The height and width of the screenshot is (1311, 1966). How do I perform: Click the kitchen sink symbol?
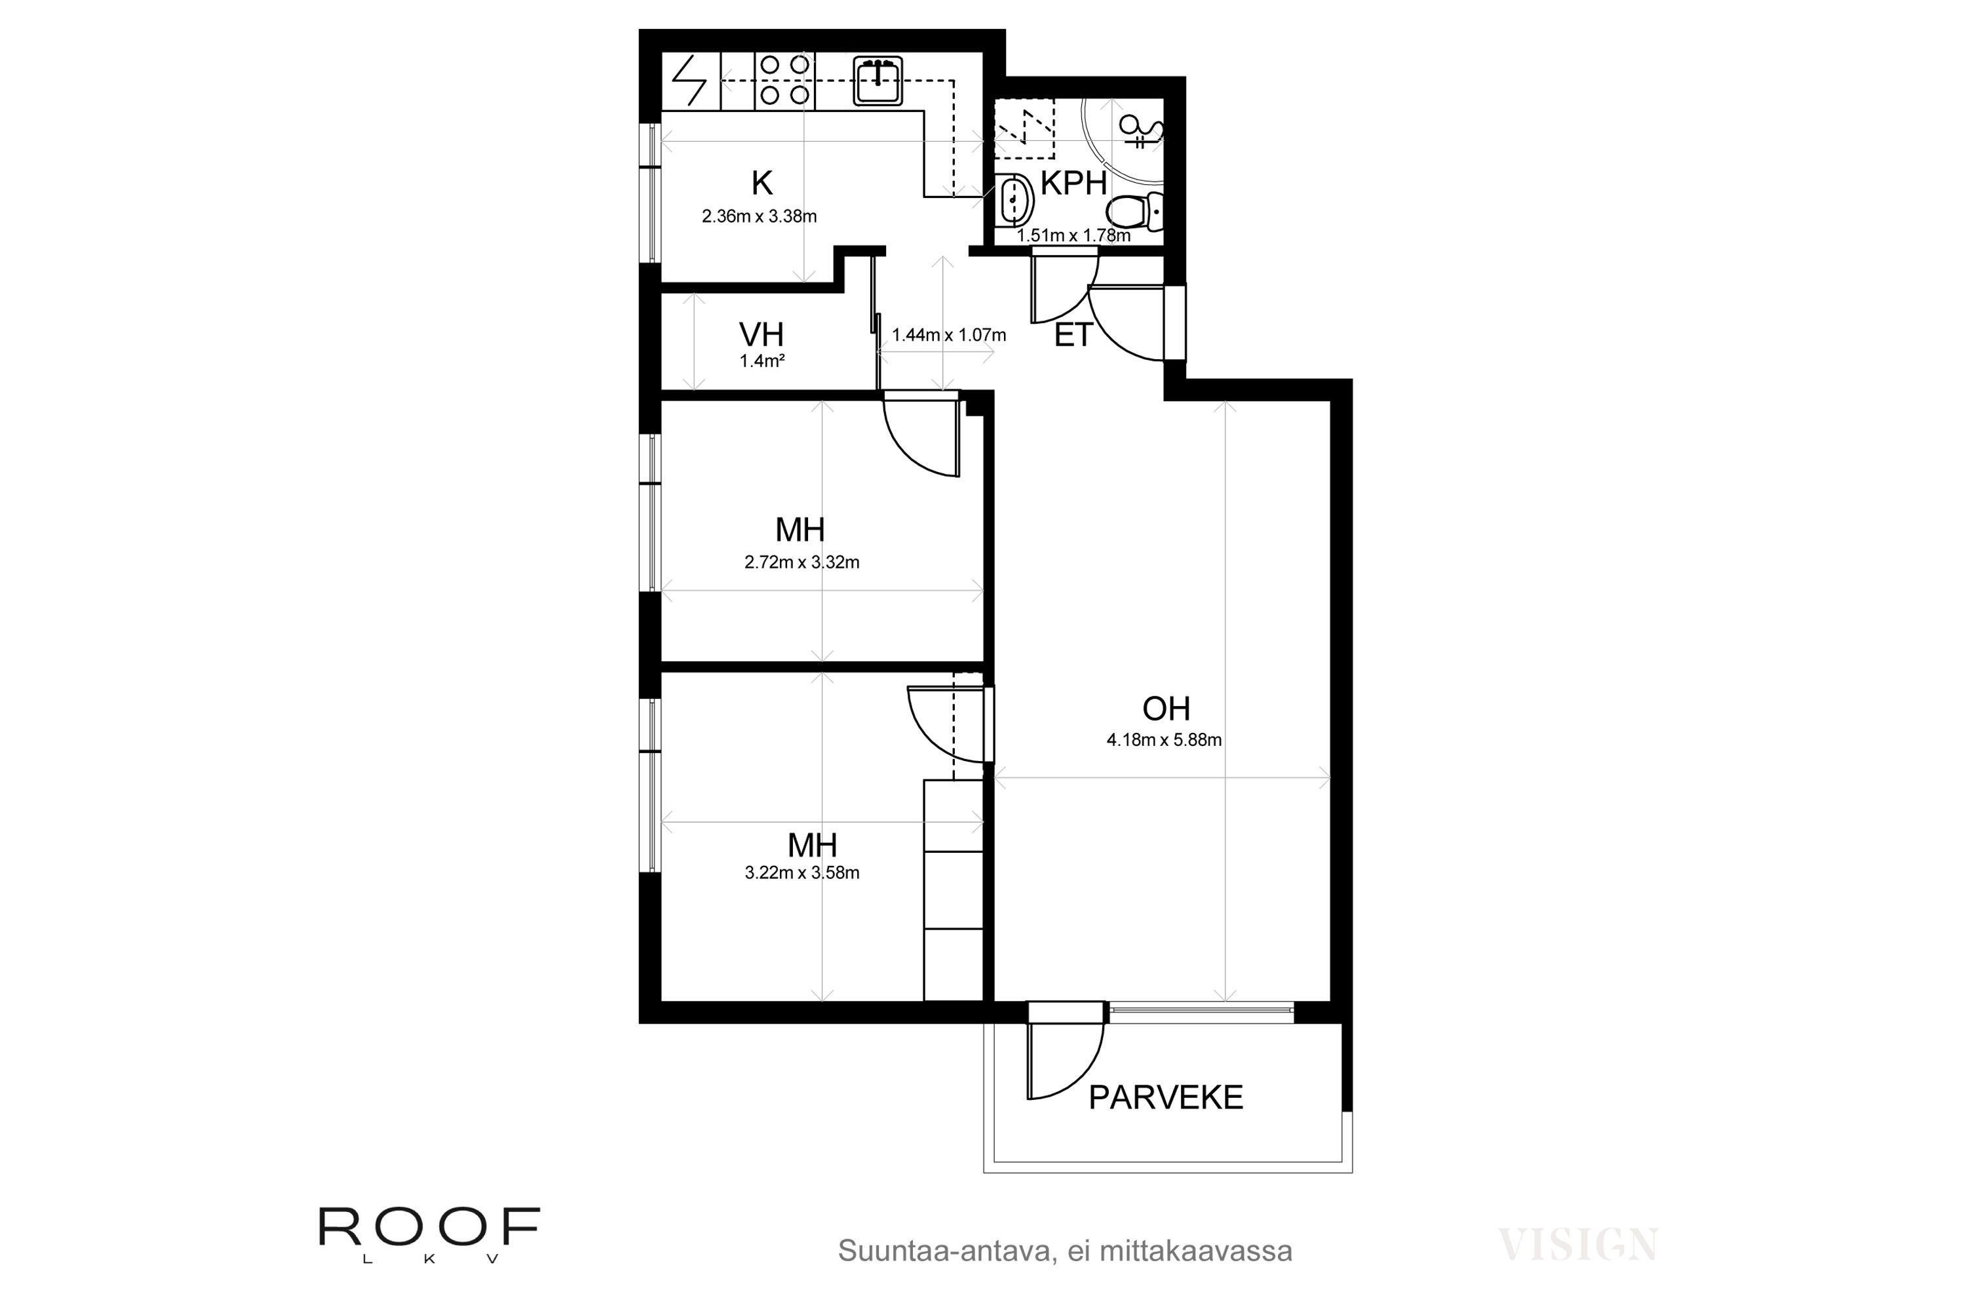pyautogui.click(x=877, y=81)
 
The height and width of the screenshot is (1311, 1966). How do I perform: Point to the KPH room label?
pyautogui.click(x=1073, y=183)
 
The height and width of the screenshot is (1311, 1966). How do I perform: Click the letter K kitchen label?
pyautogui.click(x=761, y=182)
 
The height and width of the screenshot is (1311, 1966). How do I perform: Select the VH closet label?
pyautogui.click(x=761, y=335)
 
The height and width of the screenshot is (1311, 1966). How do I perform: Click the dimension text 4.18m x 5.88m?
pyautogui.click(x=1165, y=740)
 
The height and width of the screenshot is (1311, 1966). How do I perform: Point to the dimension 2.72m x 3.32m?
pyautogui.click(x=801, y=562)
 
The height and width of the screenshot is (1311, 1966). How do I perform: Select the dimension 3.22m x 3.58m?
pyautogui.click(x=801, y=873)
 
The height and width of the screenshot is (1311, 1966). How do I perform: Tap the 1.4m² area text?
pyautogui.click(x=761, y=362)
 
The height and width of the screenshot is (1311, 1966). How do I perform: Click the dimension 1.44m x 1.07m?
pyautogui.click(x=949, y=335)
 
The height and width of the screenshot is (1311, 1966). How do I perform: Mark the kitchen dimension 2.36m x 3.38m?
pyautogui.click(x=759, y=216)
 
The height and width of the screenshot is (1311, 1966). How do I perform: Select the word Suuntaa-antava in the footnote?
pyautogui.click(x=940, y=1251)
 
